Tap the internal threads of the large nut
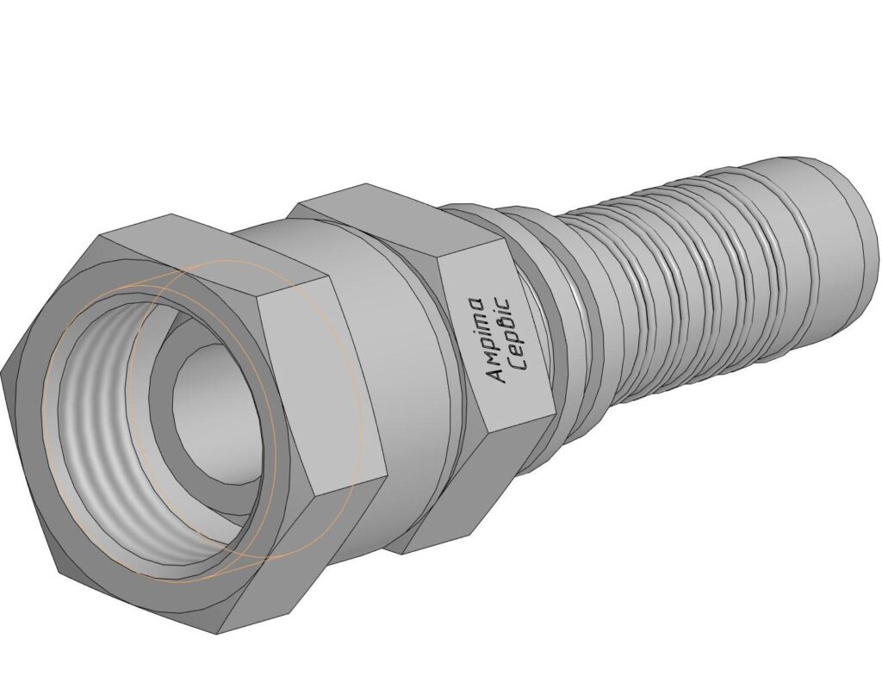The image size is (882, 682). click(x=96, y=427)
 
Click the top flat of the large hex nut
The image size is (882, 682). click(x=214, y=247)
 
